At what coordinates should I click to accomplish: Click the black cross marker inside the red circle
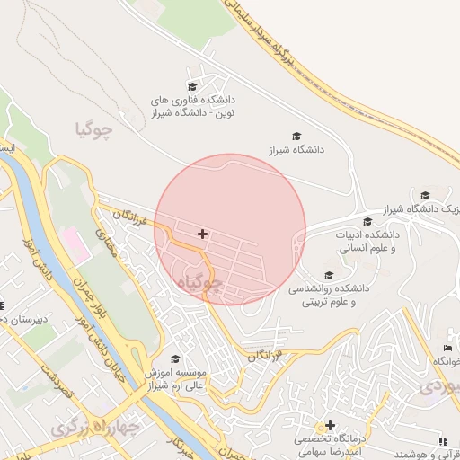pyautogui.click(x=203, y=234)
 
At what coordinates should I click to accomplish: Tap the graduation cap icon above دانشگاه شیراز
pyautogui.click(x=296, y=136)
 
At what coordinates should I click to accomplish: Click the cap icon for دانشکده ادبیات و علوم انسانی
pyautogui.click(x=367, y=222)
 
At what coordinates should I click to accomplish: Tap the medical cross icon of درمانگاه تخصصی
pyautogui.click(x=331, y=425)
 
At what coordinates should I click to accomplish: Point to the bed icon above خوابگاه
pyautogui.click(x=447, y=348)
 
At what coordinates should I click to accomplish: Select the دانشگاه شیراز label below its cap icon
pyautogui.click(x=296, y=152)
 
